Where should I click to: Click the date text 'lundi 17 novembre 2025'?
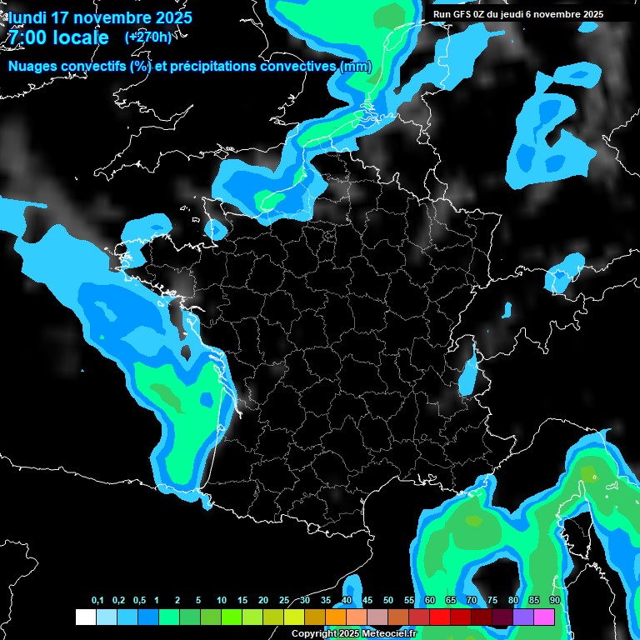click(100, 17)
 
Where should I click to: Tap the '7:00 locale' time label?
click(57, 37)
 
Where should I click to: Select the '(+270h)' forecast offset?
click(148, 37)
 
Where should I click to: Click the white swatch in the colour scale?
click(85, 617)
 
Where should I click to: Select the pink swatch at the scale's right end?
click(544, 617)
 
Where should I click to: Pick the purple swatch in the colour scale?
click(523, 617)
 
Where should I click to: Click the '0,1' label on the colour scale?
click(97, 601)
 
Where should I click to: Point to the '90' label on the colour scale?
click(554, 601)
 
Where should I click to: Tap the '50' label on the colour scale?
click(388, 601)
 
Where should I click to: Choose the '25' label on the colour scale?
click(284, 601)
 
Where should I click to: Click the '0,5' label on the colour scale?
click(139, 601)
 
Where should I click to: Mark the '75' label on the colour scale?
click(492, 601)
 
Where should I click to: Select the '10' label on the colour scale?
click(222, 601)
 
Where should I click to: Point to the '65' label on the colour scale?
click(450, 601)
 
